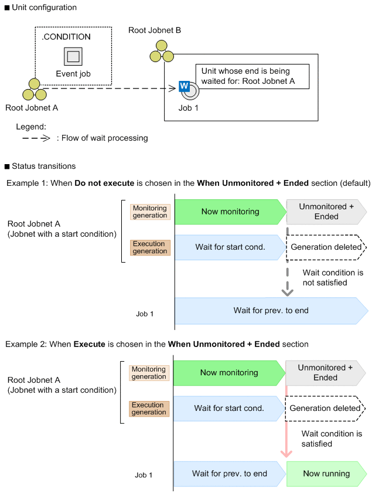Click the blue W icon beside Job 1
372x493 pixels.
tap(184, 87)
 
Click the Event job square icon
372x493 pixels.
tap(73, 56)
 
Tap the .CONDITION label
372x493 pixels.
tap(66, 37)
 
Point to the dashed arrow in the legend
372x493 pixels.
tap(36, 138)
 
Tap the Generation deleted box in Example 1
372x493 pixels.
tap(326, 247)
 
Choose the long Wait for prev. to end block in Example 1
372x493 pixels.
tap(270, 310)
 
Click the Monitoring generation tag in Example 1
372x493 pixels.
tap(149, 212)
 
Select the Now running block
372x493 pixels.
tap(326, 474)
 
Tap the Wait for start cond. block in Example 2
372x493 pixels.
tap(228, 408)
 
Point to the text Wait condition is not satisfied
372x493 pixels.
tap(333, 277)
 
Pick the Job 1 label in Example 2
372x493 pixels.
tap(144, 475)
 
